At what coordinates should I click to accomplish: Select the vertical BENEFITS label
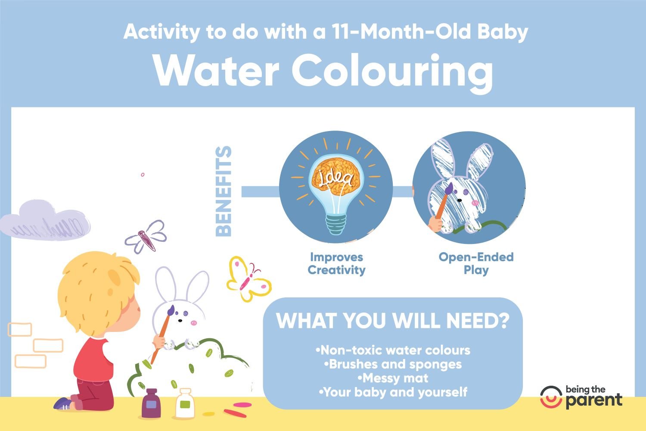224,191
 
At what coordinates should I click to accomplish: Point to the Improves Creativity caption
336,264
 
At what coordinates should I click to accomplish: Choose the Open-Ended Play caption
476,264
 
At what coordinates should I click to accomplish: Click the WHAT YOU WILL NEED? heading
392,320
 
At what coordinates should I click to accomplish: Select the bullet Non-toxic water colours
393,350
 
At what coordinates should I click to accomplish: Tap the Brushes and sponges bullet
393,364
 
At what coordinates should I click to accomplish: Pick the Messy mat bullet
393,378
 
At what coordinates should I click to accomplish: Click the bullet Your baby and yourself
393,392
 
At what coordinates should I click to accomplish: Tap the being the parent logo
581,397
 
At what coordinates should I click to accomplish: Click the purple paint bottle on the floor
151,403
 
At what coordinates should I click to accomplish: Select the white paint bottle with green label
185,403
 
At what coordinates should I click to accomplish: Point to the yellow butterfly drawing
248,279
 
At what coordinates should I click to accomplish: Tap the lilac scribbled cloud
45,221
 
